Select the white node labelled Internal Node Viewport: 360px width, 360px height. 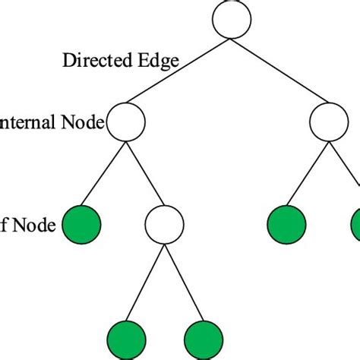(126, 122)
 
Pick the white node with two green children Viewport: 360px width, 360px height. (164, 225)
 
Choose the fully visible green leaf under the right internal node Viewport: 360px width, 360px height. (287, 225)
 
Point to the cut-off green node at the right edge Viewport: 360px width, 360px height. (355, 225)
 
